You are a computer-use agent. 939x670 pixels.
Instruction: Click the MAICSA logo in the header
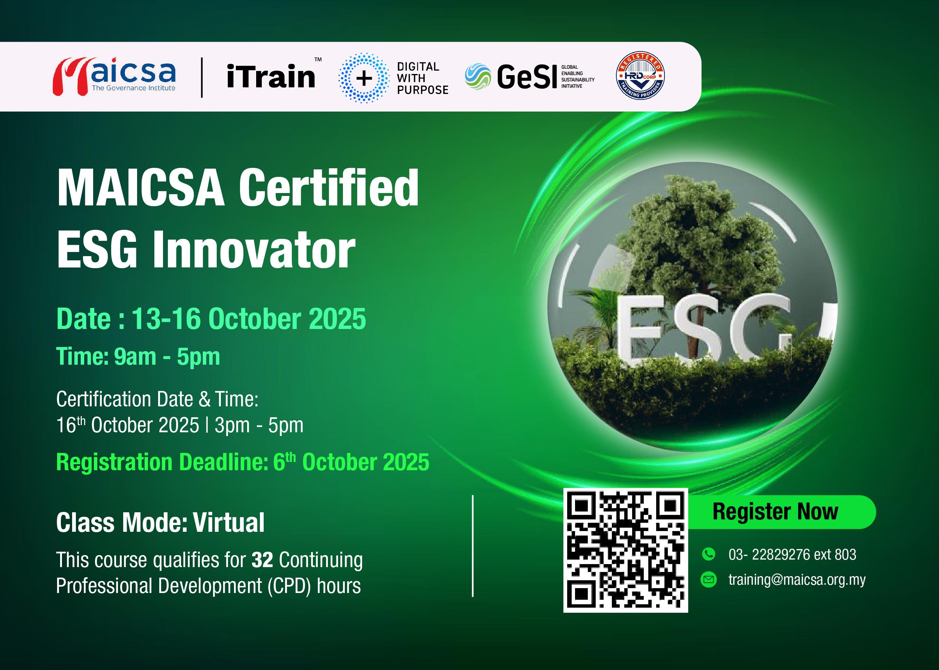[114, 76]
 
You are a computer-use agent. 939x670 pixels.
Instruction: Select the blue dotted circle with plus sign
[363, 78]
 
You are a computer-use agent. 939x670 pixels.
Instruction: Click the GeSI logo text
[527, 77]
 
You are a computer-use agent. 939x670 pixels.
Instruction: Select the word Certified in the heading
[328, 188]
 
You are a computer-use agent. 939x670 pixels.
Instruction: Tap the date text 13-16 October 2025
[249, 319]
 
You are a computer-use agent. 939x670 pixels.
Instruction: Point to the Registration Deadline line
[243, 462]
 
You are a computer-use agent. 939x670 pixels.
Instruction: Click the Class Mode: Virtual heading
[160, 522]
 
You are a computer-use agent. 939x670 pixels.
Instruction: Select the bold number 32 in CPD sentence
[263, 560]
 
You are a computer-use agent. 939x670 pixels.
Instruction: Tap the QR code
[625, 550]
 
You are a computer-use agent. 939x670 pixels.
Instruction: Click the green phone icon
[708, 554]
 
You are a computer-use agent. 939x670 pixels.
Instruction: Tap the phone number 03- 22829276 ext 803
[792, 554]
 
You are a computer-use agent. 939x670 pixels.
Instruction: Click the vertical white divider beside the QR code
[473, 546]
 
